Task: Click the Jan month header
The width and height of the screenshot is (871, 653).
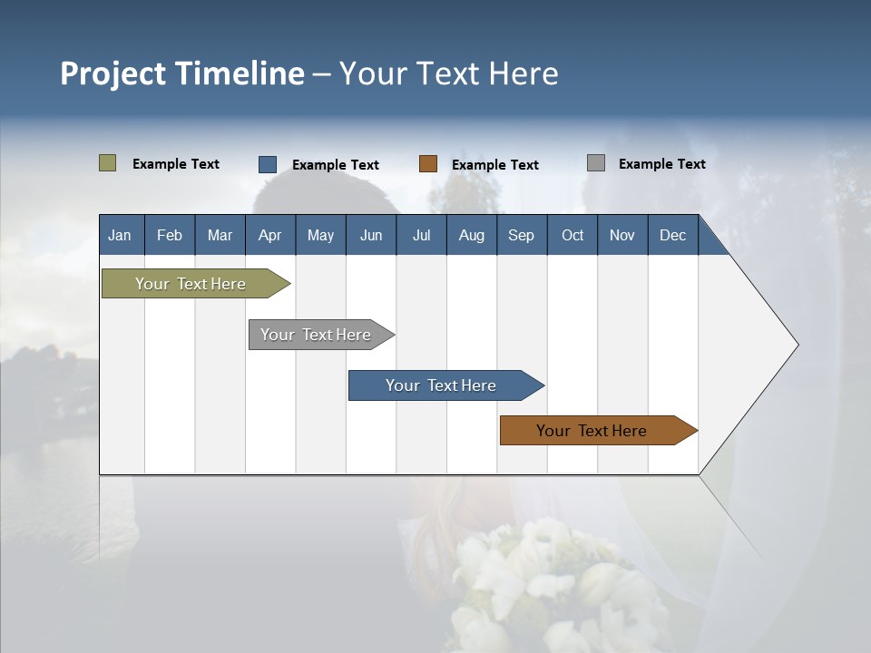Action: point(120,235)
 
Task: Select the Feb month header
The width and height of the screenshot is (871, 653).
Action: point(170,235)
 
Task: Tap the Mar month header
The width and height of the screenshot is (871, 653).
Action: point(220,235)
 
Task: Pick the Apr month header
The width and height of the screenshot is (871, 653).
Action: point(269,235)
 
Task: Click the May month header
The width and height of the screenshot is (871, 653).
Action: point(320,235)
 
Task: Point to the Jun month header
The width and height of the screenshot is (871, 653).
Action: point(371,235)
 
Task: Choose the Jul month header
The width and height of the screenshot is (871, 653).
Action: point(421,235)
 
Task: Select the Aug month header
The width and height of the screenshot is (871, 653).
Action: point(471,235)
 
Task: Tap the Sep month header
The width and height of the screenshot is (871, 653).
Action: point(521,235)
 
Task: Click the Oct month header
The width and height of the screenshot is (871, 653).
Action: point(573,235)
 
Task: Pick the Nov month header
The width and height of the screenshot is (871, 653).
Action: point(622,235)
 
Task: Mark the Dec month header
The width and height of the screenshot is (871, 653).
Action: point(672,235)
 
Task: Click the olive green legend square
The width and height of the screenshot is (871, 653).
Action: point(107,163)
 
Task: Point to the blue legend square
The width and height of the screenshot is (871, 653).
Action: point(268,164)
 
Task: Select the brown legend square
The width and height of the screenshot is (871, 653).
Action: point(428,164)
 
